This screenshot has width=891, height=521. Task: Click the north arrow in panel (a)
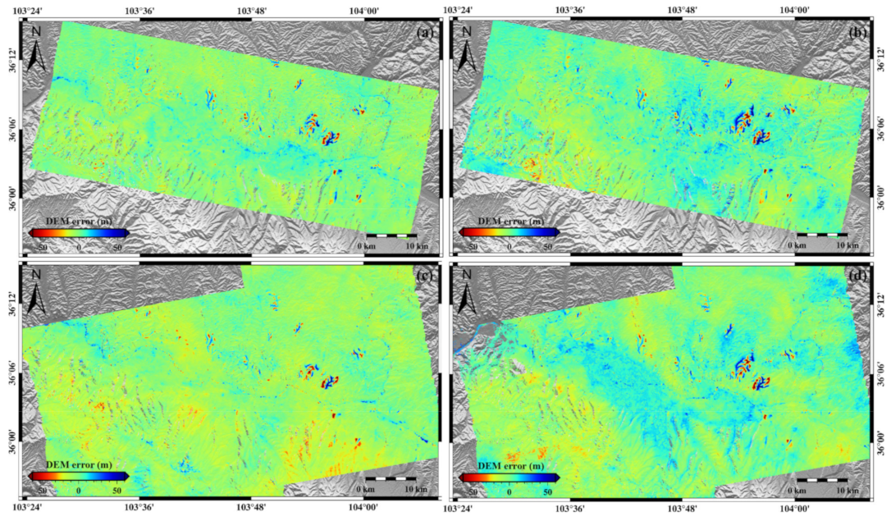[x=36, y=49]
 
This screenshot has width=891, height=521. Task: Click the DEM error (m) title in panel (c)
[x=79, y=464]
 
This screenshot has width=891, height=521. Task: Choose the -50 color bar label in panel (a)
[x=40, y=245]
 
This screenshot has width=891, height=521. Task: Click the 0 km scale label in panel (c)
[x=367, y=490]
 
